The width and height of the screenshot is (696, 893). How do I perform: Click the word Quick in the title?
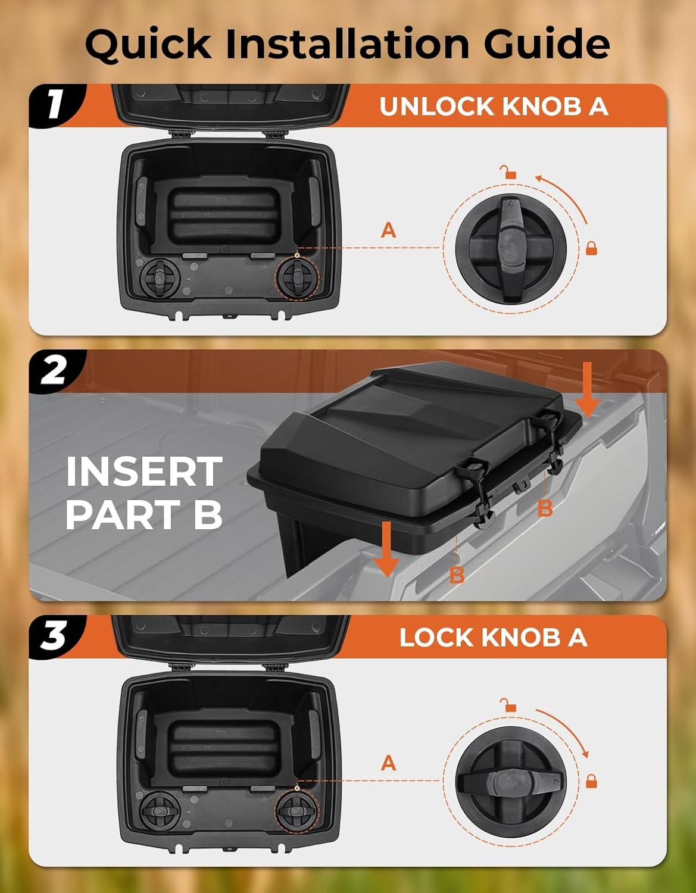pos(148,45)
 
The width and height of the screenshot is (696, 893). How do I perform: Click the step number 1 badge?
pos(55,105)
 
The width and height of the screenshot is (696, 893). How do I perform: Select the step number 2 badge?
pos(55,371)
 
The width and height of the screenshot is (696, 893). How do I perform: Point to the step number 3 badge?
pos(55,636)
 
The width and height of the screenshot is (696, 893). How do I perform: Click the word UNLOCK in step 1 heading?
pos(436,107)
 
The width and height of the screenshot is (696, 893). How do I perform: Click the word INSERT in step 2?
pos(144,472)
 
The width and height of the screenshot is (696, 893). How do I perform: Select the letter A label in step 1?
pos(388,230)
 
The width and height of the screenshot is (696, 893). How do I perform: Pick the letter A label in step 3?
pos(388,763)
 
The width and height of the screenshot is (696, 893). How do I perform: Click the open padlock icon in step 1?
pos(508,172)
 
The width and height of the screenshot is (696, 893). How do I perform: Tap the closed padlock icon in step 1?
pos(591,249)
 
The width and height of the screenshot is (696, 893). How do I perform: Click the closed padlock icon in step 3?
pos(591,781)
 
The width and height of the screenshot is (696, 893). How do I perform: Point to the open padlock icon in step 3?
pos(508,705)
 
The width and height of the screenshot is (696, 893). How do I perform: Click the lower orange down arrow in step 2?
pos(386,549)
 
